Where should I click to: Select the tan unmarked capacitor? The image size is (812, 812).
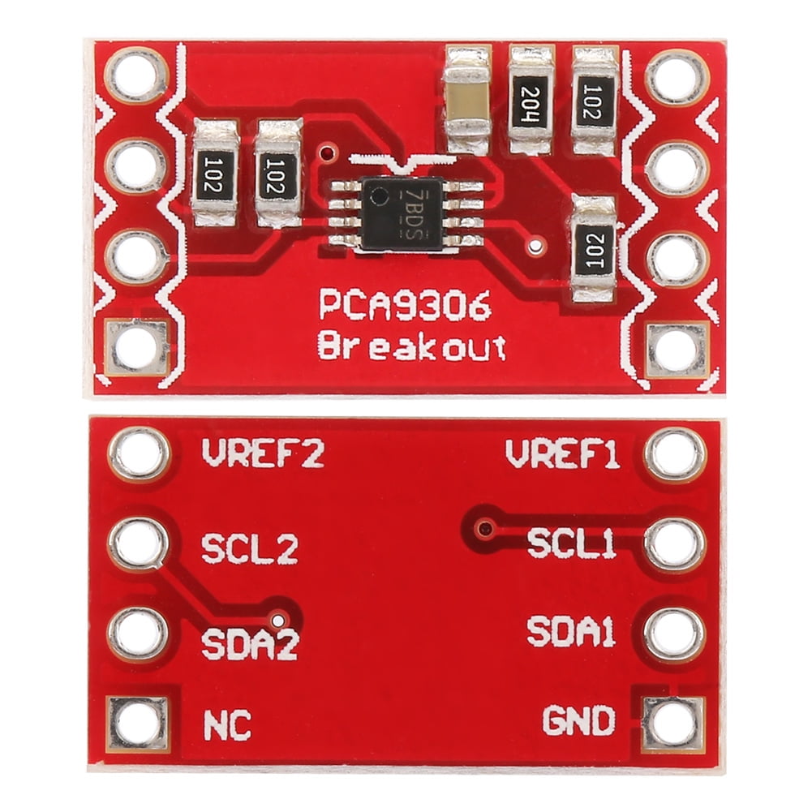point(467,100)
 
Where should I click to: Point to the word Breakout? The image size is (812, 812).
point(411,346)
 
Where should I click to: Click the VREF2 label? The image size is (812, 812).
point(262,454)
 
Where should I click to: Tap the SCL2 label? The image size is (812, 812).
point(249,550)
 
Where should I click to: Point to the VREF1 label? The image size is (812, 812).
point(563,454)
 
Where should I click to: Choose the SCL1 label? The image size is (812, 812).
point(572,543)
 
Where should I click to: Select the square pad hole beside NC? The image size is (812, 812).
point(139,722)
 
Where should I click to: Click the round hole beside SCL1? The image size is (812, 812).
point(675,544)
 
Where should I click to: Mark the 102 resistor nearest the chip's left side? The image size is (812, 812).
point(279,172)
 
